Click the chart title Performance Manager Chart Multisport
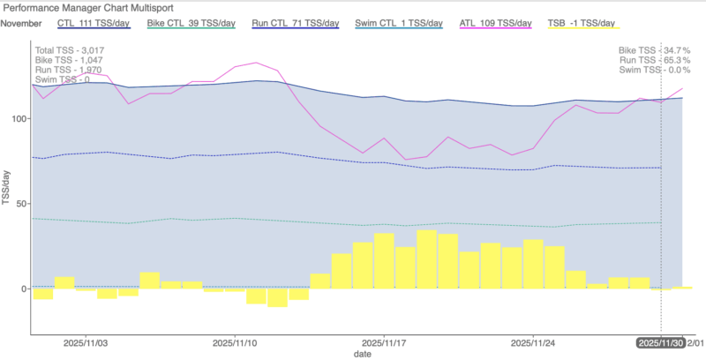86,7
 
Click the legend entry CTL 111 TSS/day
93,22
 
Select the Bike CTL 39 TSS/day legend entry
191,22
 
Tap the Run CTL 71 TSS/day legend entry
289,22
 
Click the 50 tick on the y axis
23,204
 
